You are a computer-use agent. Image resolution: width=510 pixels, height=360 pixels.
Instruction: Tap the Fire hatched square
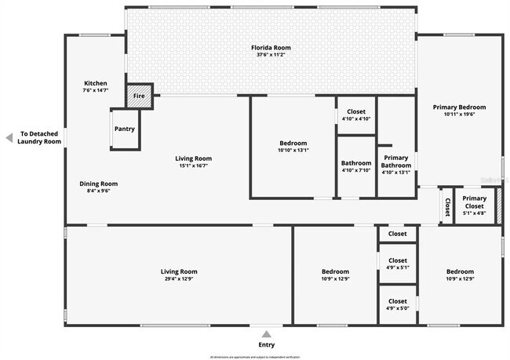point(139,95)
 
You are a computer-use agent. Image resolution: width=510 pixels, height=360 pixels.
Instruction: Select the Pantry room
point(124,129)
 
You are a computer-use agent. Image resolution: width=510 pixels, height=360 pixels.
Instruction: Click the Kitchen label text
point(96,83)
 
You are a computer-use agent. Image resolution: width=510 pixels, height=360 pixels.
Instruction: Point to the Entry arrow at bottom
point(267,333)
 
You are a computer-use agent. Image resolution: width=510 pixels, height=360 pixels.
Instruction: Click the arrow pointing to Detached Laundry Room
point(9,137)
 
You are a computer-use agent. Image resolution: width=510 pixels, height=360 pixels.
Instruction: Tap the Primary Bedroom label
point(460,107)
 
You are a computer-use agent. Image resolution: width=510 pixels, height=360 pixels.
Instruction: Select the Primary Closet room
point(474,203)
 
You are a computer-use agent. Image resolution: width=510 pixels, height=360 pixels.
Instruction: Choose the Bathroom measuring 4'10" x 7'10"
point(356,165)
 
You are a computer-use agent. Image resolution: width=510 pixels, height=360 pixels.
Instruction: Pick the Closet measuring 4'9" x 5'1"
point(398,264)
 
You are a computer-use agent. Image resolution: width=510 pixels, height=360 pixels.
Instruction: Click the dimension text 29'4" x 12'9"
point(179,278)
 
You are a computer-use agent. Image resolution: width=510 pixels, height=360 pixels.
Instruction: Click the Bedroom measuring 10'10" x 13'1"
point(293,146)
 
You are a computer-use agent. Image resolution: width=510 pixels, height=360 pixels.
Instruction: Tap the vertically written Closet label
point(447,206)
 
